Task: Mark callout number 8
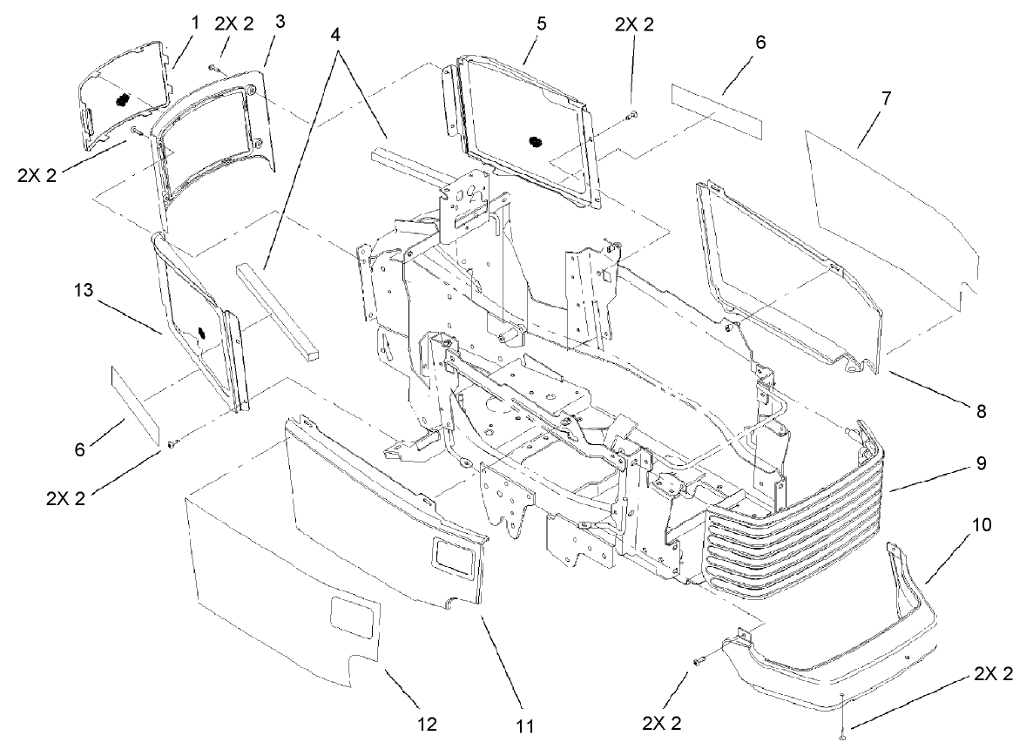pyautogui.click(x=982, y=409)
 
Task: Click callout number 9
pyautogui.click(x=982, y=465)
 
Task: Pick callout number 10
pyautogui.click(x=982, y=527)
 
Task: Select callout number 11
pyautogui.click(x=525, y=725)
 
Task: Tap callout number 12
pyautogui.click(x=427, y=725)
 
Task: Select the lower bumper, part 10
pyautogui.click(x=836, y=671)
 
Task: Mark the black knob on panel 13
pyautogui.click(x=199, y=332)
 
